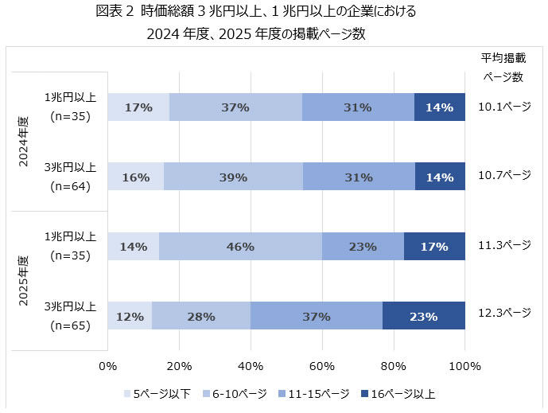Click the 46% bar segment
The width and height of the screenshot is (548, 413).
pos(240,247)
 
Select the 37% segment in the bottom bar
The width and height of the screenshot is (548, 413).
pos(317,316)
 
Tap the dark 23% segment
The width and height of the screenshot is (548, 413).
pos(424,316)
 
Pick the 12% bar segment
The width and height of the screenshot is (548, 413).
pos(130,316)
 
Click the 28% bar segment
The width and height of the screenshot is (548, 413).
pos(201,316)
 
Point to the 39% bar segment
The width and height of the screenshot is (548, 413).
pos(233,177)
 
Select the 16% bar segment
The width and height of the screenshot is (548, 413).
pos(136,177)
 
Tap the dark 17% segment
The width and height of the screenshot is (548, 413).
pos(434,247)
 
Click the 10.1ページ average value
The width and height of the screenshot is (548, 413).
pos(504,106)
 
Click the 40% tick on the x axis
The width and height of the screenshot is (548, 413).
pos(251,367)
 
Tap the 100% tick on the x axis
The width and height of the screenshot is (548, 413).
pos(465,367)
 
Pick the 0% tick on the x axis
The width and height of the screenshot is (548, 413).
pos(107,367)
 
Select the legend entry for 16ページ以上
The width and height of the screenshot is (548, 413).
pos(398,394)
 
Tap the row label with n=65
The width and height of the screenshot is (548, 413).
pos(70,316)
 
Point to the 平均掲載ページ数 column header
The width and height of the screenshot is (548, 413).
pos(503,68)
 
